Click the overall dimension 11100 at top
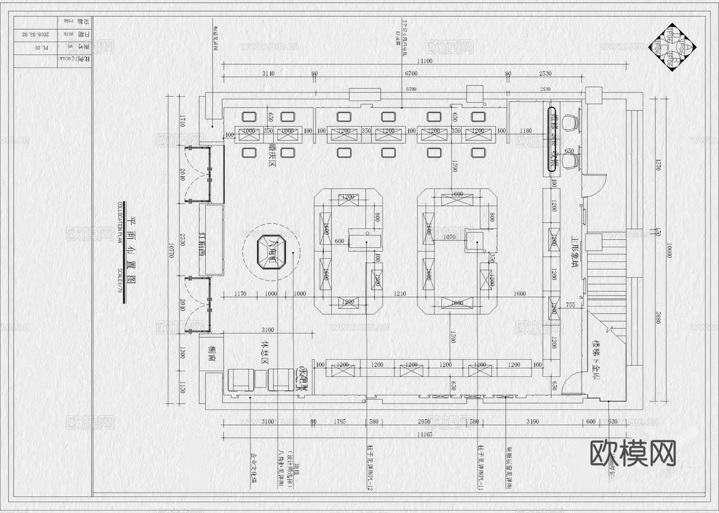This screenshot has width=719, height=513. tap(425, 61)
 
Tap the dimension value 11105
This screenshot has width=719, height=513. tap(425, 434)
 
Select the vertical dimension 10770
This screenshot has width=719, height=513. tap(171, 251)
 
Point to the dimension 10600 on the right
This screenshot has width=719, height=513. tap(669, 251)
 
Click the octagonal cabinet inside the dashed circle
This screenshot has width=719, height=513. tap(272, 252)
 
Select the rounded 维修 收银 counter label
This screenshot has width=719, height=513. tap(553, 140)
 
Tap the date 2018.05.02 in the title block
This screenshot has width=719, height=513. tap(28, 35)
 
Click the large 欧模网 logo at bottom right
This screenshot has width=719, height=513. tap(633, 454)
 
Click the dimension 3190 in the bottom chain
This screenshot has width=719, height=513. tap(532, 422)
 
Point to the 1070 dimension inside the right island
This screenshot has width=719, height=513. tap(449, 237)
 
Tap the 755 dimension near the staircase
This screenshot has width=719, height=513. tap(570, 305)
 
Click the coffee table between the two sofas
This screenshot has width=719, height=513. tap(260, 379)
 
